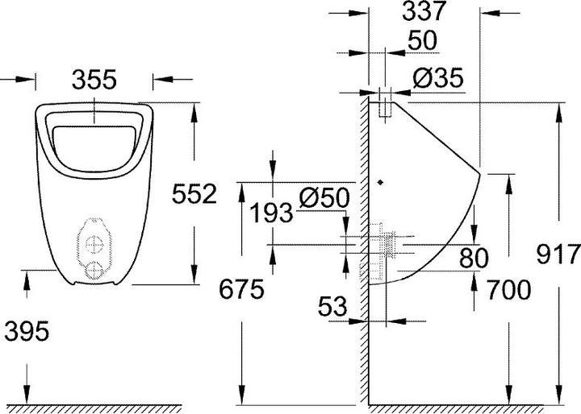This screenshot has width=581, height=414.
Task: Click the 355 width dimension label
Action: coord(95,79)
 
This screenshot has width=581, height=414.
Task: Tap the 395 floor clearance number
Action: coord(27,329)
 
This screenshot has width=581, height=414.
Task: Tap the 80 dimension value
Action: coord(474,259)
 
